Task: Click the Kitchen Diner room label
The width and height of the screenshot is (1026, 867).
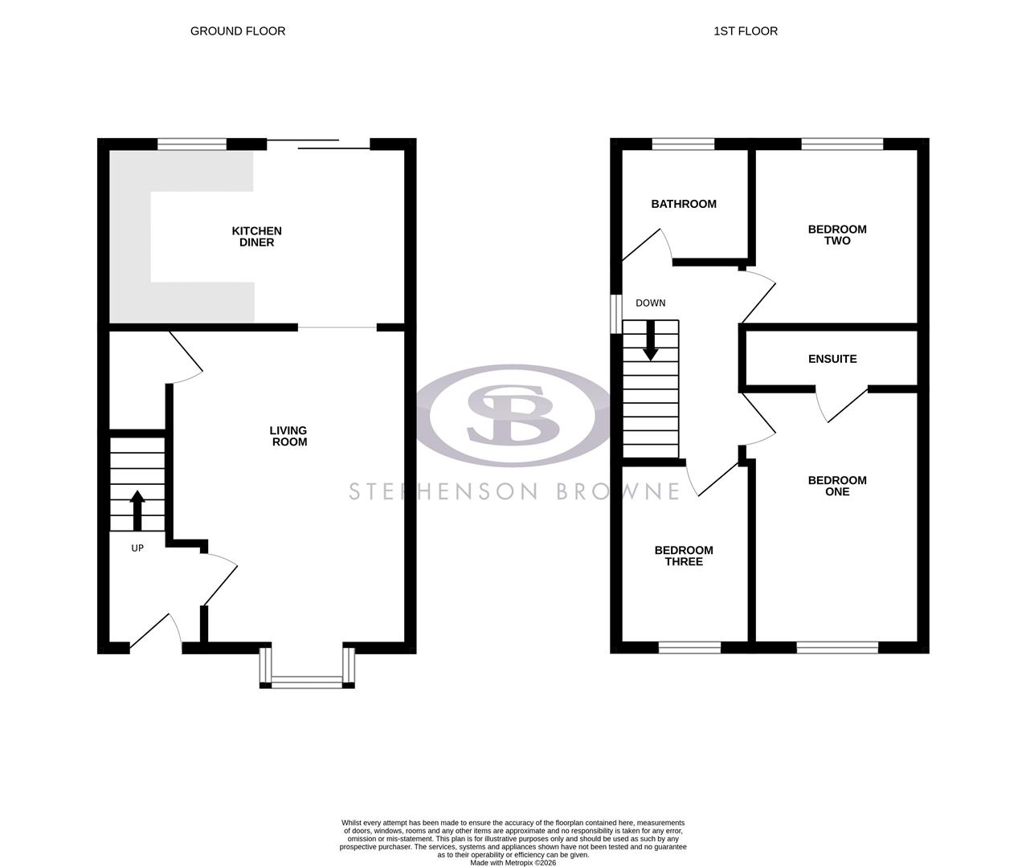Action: point(256,237)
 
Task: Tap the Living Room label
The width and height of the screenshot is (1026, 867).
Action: point(288,436)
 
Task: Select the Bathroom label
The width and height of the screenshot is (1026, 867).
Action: point(683,204)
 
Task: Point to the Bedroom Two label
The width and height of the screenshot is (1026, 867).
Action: point(836,234)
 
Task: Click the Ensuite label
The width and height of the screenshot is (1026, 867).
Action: point(832,359)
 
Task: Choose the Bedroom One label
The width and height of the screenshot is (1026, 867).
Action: point(836,486)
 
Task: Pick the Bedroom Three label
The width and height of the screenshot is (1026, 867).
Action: point(684,556)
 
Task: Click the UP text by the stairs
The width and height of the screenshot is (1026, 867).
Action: point(137,548)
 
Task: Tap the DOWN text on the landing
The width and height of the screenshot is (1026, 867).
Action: point(650,303)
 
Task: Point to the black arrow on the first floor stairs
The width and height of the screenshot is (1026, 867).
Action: point(650,340)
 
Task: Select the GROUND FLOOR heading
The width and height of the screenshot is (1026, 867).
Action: point(238,31)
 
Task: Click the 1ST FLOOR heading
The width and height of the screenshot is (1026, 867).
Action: point(746,31)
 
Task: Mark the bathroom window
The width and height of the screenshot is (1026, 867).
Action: point(683,144)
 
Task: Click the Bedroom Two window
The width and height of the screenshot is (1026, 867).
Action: point(842,144)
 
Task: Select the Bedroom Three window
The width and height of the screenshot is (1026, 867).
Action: point(689,647)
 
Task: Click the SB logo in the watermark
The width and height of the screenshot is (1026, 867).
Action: point(513,415)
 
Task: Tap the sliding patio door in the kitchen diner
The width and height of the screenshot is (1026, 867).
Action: point(318,144)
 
